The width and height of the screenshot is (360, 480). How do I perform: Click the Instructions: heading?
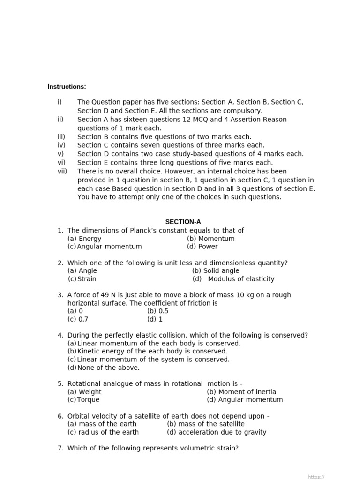point(67,87)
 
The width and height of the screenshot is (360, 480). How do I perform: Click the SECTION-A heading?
point(183,222)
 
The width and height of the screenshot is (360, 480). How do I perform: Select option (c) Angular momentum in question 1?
point(105,247)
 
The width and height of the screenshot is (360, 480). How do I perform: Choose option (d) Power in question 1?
point(202,247)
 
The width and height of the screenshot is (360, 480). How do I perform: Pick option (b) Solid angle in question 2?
point(216,270)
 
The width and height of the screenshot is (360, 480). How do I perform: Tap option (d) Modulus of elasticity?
point(233,279)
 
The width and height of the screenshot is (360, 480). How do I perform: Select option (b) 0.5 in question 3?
point(158,311)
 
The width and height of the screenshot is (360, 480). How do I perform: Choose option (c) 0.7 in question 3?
point(78,319)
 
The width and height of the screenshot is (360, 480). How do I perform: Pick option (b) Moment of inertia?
point(241,392)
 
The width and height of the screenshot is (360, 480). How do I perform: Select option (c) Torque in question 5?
point(83,400)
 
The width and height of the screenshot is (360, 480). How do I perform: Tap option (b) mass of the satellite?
point(206,424)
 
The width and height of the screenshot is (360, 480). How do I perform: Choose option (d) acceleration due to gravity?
point(217,432)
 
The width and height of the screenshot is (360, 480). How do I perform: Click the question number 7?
point(60,448)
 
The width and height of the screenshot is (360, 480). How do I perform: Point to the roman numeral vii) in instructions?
point(63,171)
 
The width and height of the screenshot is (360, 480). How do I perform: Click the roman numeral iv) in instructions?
point(61,145)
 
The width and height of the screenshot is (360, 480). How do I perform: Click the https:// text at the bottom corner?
point(316,477)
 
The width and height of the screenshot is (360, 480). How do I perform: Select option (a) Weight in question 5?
point(84,392)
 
